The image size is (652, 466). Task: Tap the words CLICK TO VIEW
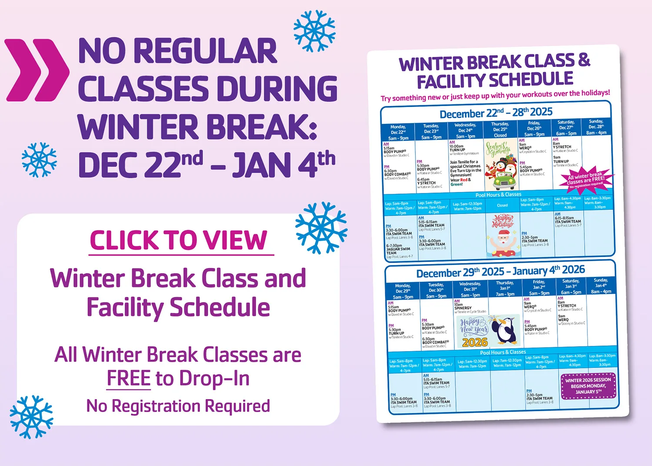(179, 241)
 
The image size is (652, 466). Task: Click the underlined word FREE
(129, 378)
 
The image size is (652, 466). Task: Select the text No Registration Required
(178, 406)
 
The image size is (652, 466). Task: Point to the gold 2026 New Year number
(475, 342)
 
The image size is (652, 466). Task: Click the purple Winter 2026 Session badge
(588, 386)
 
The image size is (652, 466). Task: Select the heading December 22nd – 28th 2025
(496, 113)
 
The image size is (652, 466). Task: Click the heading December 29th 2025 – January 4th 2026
(500, 272)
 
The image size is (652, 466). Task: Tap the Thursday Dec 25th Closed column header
(500, 130)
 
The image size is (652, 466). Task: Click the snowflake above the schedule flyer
(314, 31)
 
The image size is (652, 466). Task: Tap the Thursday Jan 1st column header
(505, 288)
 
